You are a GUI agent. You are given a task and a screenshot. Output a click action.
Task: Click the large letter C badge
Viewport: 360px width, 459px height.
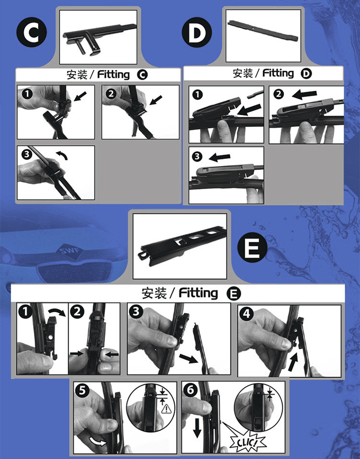pos(31,32)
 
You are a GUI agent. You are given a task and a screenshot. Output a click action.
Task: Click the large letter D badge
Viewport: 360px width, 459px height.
pos(197,32)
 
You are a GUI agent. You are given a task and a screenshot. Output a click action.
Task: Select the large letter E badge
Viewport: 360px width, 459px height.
pos(252,248)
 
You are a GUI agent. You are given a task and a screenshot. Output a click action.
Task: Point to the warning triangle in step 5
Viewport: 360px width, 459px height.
pos(166,409)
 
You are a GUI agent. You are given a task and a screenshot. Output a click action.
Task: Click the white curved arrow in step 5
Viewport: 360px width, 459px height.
pos(98,441)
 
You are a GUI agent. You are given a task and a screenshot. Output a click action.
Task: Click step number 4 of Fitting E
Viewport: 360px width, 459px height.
pos(246,314)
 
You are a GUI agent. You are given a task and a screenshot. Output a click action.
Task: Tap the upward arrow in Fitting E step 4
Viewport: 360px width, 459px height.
pos(293,362)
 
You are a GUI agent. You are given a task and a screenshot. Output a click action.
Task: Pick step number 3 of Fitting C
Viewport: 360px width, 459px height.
pos(26,154)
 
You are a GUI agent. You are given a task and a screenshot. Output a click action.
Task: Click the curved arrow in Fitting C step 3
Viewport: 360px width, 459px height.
pos(62,155)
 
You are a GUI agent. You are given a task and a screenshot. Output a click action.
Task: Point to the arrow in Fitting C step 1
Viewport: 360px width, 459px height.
pos(80,97)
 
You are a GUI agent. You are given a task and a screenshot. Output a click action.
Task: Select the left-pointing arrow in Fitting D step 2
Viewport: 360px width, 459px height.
pos(304,94)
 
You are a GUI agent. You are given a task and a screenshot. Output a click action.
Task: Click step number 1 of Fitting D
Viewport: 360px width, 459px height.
pos(198,95)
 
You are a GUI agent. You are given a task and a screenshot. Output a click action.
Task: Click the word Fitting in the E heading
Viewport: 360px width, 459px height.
pos(198,293)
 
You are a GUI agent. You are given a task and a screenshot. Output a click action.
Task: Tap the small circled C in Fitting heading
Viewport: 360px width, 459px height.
pos(142,75)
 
